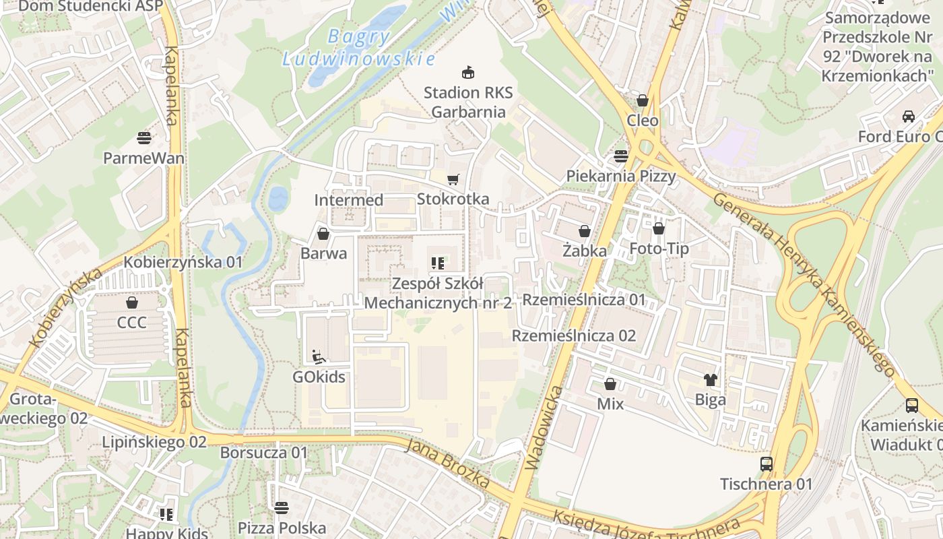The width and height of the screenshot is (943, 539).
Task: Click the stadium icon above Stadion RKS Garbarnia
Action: click(x=467, y=71)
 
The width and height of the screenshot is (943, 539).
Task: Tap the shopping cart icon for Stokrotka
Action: click(x=453, y=179)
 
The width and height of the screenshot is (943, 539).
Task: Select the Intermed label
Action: click(x=349, y=200)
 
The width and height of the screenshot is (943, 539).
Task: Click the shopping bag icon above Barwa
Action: click(x=323, y=234)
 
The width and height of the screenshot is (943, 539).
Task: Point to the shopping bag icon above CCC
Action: click(x=131, y=303)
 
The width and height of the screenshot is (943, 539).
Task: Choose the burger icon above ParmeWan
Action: click(x=143, y=138)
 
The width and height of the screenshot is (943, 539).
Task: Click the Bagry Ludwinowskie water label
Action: click(x=358, y=48)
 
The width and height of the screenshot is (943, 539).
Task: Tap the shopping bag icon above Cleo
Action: click(x=643, y=100)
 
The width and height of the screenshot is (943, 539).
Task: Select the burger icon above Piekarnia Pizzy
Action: click(x=620, y=156)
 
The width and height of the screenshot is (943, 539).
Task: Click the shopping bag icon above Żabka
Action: click(x=585, y=230)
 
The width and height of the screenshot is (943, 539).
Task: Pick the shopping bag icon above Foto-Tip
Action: click(x=659, y=228)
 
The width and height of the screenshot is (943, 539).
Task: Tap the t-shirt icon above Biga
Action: click(x=711, y=380)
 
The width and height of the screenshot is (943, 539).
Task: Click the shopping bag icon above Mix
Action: click(x=610, y=384)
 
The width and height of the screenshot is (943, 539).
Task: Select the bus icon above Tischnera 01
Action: click(x=767, y=464)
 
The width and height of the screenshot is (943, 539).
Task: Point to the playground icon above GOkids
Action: click(x=319, y=356)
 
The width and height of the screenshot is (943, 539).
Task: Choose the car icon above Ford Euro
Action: click(x=909, y=116)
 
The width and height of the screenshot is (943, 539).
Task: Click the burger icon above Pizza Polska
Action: click(x=282, y=507)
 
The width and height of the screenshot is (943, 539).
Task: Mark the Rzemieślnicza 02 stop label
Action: click(x=574, y=336)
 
